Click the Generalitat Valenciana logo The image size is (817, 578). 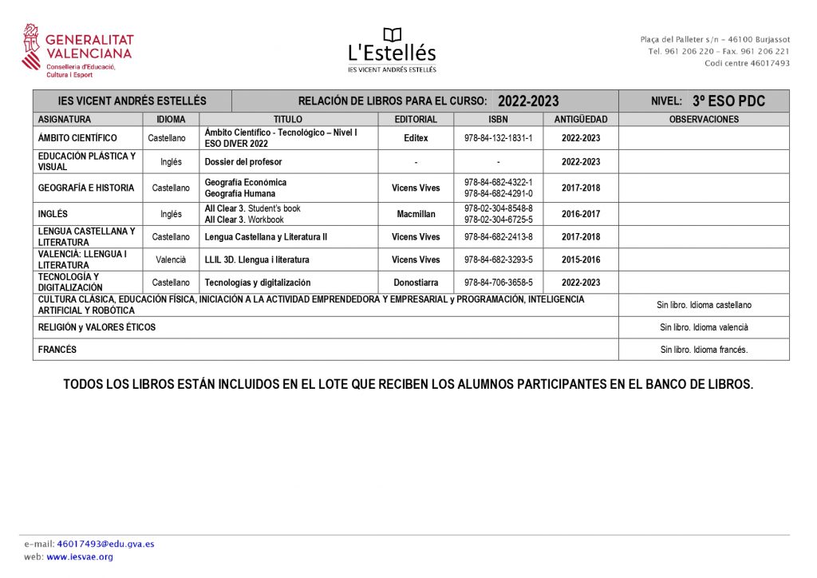coord(77,50)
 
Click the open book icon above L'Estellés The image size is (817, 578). coord(392,35)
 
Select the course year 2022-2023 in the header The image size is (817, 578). coord(527,101)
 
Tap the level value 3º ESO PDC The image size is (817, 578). coord(728,101)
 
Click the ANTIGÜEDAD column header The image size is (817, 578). coord(581,120)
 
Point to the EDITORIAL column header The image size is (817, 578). coord(416,120)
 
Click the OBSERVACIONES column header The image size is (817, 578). coord(704,120)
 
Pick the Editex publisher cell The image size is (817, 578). coord(416,138)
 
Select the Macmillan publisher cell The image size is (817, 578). coord(416,214)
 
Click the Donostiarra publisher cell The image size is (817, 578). coord(416,283)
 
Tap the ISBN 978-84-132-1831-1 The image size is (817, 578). coord(498,138)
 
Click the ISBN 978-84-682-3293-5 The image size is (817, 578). coord(498,259)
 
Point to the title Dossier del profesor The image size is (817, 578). coord(243,161)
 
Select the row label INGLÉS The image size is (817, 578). coord(53,214)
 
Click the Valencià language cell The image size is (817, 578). coord(171,259)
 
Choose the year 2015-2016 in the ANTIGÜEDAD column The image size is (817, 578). coord(581,259)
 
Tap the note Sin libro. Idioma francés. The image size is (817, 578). coord(704,350)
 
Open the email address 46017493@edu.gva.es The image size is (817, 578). coord(105,544)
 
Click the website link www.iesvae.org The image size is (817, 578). coord(80,557)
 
